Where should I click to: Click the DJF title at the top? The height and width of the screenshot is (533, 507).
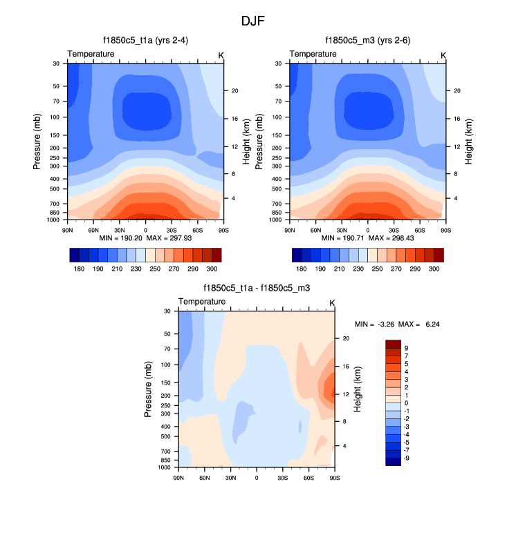pos(252,21)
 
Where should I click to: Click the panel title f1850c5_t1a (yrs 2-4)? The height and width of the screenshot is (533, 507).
pos(145,41)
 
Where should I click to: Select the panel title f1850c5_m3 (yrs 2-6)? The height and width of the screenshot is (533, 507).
pos(367,41)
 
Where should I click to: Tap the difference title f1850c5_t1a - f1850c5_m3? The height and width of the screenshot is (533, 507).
pos(256,288)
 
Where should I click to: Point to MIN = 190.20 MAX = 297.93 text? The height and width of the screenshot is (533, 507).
pos(145,238)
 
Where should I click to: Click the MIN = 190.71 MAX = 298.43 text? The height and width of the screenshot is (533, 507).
pos(367,238)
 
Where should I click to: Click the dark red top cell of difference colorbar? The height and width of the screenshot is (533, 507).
pos(393,344)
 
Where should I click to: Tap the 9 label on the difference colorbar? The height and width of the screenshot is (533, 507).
pos(407,348)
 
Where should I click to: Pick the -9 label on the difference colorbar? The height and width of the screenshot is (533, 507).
pos(407,457)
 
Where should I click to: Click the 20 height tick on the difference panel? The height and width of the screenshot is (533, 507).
pos(345,338)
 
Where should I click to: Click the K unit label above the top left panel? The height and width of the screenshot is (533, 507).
pos(221,54)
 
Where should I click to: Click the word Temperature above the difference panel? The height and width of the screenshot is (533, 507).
pos(202,302)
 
